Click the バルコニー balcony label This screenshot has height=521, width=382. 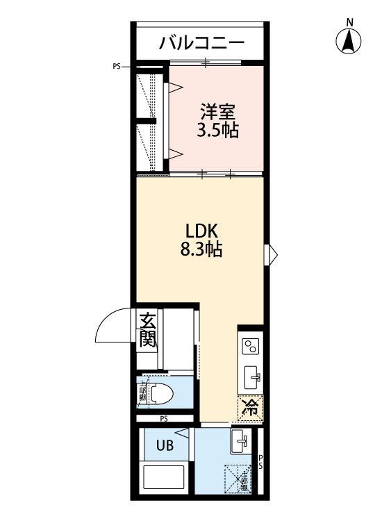[x=201, y=43]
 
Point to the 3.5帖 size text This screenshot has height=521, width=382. [x=219, y=130]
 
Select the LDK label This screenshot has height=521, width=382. [x=201, y=231]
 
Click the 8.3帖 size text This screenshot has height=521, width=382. [x=201, y=250]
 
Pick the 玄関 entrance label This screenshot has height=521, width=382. [x=147, y=331]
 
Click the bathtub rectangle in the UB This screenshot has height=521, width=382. [x=164, y=480]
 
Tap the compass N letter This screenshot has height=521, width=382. [x=351, y=22]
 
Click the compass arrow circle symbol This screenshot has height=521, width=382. [x=351, y=42]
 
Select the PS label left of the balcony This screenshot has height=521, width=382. [x=116, y=67]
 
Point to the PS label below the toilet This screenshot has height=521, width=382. [x=164, y=418]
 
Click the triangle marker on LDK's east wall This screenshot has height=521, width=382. [x=272, y=254]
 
